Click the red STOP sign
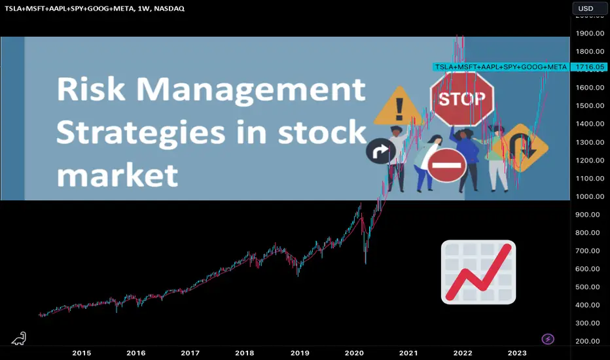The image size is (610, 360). [x=462, y=99]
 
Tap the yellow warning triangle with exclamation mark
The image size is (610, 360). [x=399, y=107]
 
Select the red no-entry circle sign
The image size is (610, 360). [x=446, y=165]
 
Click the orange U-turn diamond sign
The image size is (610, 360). [x=520, y=148]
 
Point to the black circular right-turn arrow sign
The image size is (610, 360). [x=381, y=151]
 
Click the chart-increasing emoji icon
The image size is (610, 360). [x=478, y=272]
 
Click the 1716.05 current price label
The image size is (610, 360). [x=590, y=67]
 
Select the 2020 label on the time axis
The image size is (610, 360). [x=354, y=353]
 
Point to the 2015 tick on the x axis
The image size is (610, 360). [x=82, y=353]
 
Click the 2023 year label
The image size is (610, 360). [x=517, y=353]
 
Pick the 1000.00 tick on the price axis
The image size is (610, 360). [x=590, y=196]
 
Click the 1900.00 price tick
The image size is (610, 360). [x=590, y=33]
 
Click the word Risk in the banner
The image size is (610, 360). [x=91, y=89]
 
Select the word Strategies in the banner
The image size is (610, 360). [x=141, y=133]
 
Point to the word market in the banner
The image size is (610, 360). [x=118, y=175]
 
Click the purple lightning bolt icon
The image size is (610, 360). [x=548, y=339]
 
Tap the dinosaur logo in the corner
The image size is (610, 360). [x=19, y=338]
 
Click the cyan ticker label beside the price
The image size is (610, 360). [x=501, y=67]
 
